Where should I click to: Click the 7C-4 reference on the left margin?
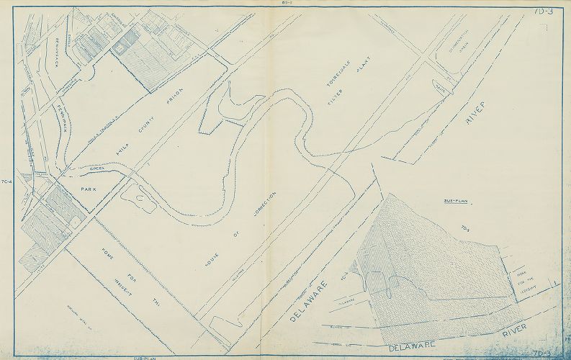[x=7, y=180]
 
